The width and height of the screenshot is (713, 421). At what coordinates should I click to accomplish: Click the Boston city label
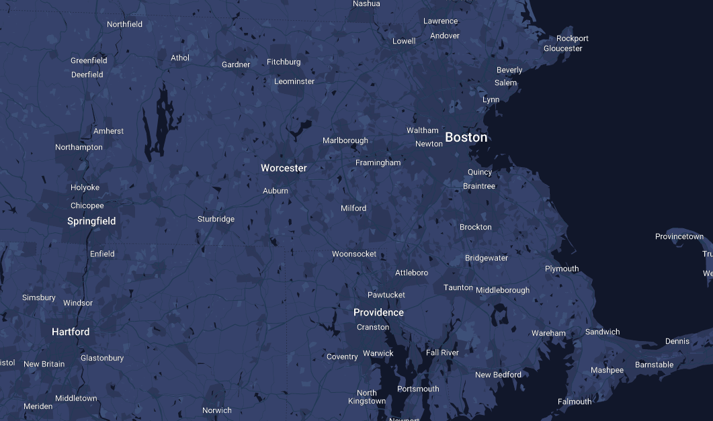466,138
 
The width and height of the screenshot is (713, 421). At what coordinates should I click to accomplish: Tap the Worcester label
284,168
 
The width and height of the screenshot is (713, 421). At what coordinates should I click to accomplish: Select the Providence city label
378,312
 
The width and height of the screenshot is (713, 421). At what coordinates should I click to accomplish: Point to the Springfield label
91,221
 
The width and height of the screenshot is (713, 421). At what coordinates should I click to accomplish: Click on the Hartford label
71,332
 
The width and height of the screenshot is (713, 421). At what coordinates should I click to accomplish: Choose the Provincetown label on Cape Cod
679,236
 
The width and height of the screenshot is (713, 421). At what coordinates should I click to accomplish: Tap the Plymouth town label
562,269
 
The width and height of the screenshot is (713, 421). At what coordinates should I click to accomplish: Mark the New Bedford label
498,375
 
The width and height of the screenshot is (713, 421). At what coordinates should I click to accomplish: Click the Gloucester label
563,48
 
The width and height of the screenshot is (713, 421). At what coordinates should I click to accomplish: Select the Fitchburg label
284,62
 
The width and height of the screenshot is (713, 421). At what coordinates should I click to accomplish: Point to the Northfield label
125,24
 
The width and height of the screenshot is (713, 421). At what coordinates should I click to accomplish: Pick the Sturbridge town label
216,219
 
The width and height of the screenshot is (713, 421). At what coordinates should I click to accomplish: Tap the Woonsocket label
354,254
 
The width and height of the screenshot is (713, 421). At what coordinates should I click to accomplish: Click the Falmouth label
575,402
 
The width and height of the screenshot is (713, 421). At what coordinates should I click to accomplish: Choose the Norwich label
217,410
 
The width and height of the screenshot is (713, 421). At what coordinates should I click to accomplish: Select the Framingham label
378,162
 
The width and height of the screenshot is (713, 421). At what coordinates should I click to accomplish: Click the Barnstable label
654,365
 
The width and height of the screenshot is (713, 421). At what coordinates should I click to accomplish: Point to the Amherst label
109,131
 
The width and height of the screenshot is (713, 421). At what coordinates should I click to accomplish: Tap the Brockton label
476,227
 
